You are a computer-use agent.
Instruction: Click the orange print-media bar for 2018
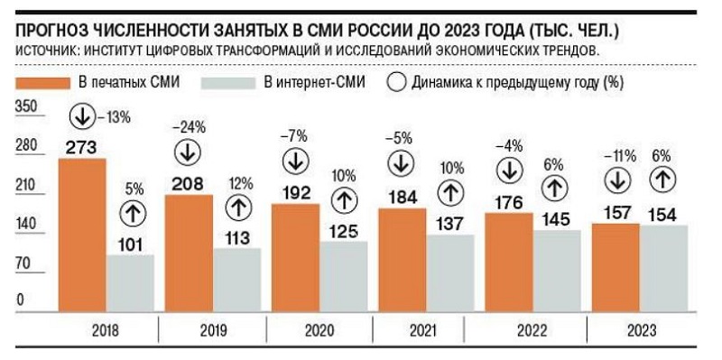click(82, 235)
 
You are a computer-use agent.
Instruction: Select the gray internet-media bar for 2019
click(237, 280)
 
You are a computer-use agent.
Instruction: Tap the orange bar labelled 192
click(295, 258)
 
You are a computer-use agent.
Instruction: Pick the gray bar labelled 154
click(663, 268)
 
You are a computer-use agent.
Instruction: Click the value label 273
click(81, 148)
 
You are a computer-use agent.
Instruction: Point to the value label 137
click(450, 224)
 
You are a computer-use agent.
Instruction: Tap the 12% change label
click(240, 184)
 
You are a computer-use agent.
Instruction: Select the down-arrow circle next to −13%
click(82, 117)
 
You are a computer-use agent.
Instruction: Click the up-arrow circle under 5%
click(133, 213)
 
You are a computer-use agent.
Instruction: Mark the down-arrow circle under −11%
click(617, 180)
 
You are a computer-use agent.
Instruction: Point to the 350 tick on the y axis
click(26, 106)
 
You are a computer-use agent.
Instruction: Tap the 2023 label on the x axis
click(641, 330)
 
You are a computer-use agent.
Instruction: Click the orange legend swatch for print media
click(43, 83)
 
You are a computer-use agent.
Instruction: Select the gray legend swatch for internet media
click(229, 83)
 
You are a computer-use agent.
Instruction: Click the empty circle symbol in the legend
click(397, 83)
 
